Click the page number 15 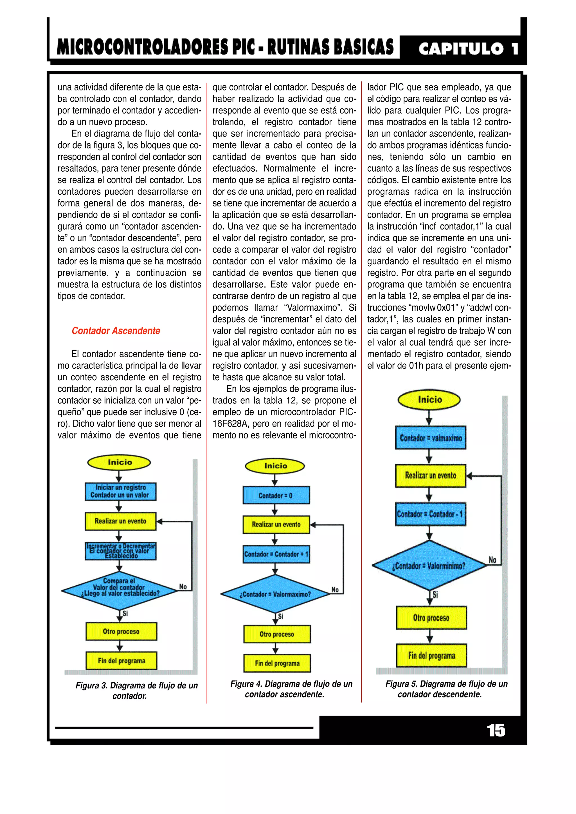(496, 731)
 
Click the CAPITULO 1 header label (468, 49)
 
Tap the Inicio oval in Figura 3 (119, 462)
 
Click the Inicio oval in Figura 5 (429, 399)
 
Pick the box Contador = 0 (276, 495)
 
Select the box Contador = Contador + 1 (276, 554)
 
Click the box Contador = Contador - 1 (430, 514)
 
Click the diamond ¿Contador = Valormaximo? (275, 594)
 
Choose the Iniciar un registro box (120, 491)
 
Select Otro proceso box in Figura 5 (431, 618)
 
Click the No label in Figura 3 (183, 587)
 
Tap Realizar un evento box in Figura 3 (120, 521)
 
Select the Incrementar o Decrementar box (121, 551)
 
